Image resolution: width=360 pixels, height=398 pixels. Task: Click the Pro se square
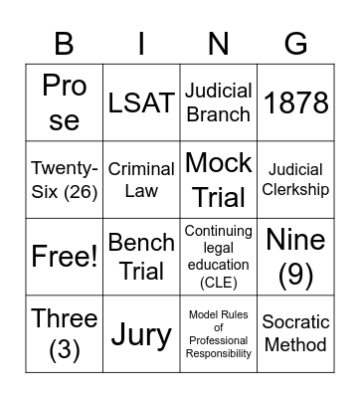[65, 101]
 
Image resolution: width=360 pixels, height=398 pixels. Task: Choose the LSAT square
[141, 101]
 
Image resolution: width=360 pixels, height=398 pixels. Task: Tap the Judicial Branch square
[218, 101]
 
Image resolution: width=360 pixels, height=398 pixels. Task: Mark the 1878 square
[295, 101]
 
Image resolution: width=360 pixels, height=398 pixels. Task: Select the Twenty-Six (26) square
[65, 179]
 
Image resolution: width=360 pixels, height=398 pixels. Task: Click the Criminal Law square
[141, 179]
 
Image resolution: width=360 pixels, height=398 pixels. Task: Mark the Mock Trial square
[218, 179]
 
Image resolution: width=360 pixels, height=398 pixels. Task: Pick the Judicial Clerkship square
[295, 179]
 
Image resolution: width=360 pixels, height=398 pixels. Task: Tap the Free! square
[65, 257]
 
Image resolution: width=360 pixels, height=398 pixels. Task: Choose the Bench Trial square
[141, 257]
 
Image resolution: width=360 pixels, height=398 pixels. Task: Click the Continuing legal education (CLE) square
[218, 257]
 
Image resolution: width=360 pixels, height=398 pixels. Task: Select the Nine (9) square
[295, 257]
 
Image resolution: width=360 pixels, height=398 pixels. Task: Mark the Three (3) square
[65, 333]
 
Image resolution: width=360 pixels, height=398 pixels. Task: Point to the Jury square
[141, 333]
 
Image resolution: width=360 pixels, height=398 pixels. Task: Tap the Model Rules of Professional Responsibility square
[218, 333]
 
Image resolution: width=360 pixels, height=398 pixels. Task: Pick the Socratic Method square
[295, 333]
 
